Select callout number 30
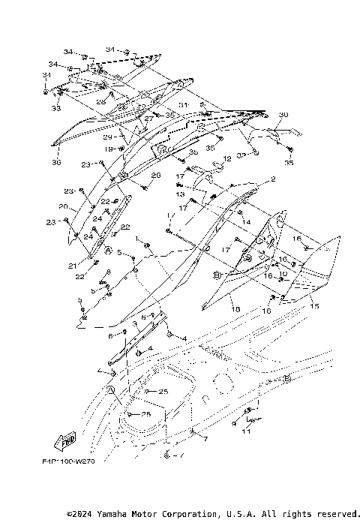[283, 115]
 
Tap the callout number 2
[273, 179]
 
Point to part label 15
[314, 306]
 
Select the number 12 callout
[227, 159]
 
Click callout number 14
[246, 223]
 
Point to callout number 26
[156, 176]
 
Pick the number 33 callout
[55, 109]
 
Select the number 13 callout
[180, 194]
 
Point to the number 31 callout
[182, 104]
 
